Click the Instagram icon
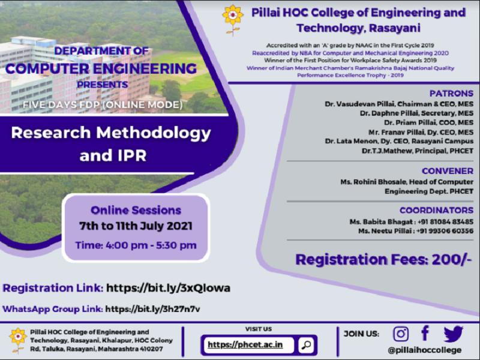click(x=401, y=334)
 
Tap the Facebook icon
click(x=425, y=333)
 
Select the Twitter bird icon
click(x=453, y=334)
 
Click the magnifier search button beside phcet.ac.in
click(x=306, y=345)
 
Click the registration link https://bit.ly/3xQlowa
click(x=167, y=288)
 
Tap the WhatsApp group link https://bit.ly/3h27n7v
click(x=152, y=309)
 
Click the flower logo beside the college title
click(x=232, y=20)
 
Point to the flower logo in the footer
click(x=18, y=340)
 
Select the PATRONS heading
click(x=451, y=94)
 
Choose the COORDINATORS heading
click(x=436, y=210)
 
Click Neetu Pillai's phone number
click(x=444, y=231)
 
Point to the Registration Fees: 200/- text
click(x=384, y=259)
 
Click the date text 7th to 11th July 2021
click(x=136, y=226)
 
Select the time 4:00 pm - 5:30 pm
click(x=136, y=245)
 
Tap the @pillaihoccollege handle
click(x=425, y=350)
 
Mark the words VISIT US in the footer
click(x=259, y=329)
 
